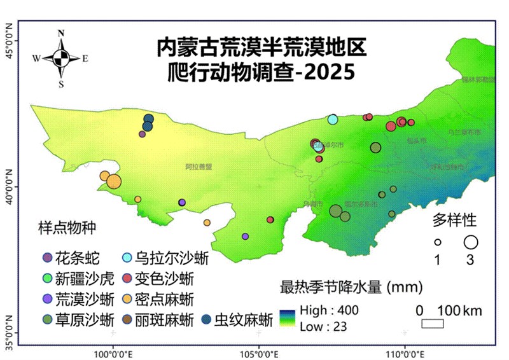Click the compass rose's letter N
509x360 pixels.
click(x=61, y=34)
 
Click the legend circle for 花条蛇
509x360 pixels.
click(x=46, y=258)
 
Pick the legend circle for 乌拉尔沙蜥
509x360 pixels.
click(x=126, y=258)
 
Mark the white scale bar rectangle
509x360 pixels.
click(x=433, y=323)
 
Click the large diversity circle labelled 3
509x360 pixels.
click(x=471, y=242)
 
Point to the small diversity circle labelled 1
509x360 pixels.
click(x=438, y=242)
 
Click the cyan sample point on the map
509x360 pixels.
click(x=333, y=119)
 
